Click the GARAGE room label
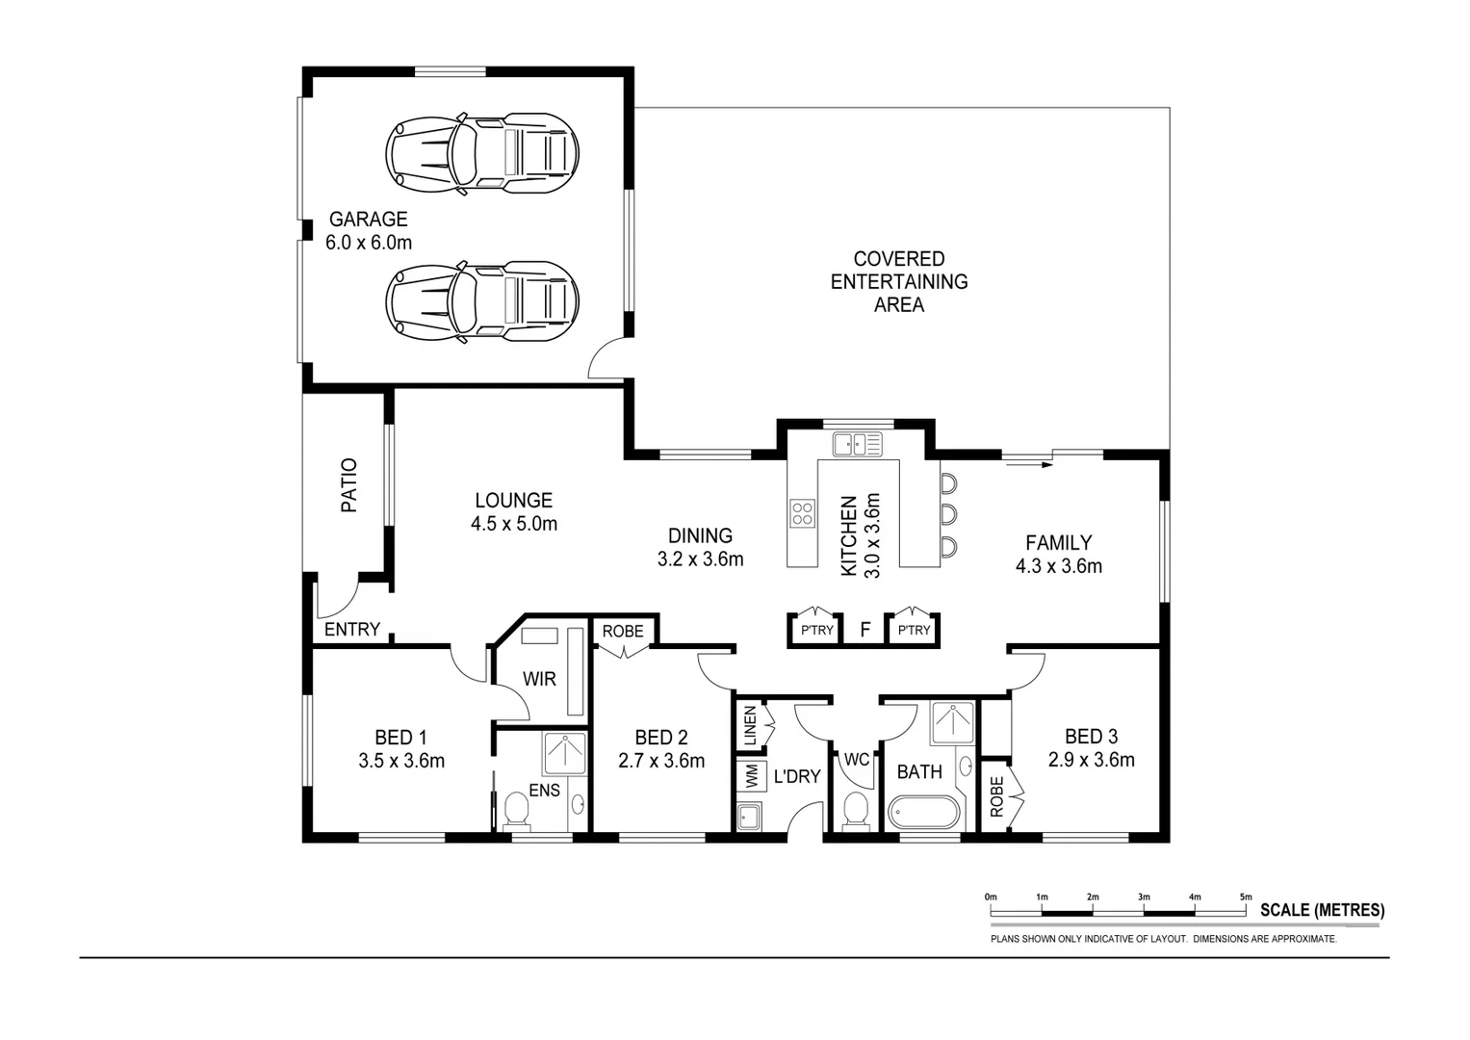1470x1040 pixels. coord(368,220)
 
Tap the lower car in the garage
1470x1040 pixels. coord(482,300)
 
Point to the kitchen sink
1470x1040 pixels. coord(857,444)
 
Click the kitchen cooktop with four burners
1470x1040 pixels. coord(802,513)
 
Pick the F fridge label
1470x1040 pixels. coord(864,630)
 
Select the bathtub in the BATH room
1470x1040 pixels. coord(923,812)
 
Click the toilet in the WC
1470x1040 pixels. coord(855,810)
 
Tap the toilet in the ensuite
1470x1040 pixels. coord(517,811)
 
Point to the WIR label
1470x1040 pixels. coord(539,679)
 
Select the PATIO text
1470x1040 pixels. coord(348,484)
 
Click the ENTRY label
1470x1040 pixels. coord(351,630)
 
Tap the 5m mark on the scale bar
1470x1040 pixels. coord(1246,897)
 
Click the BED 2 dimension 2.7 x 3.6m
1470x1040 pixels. coord(661,761)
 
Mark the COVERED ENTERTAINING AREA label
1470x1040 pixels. coord(899,282)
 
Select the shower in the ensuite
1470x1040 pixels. coord(565,754)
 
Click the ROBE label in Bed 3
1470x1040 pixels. coord(996,796)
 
